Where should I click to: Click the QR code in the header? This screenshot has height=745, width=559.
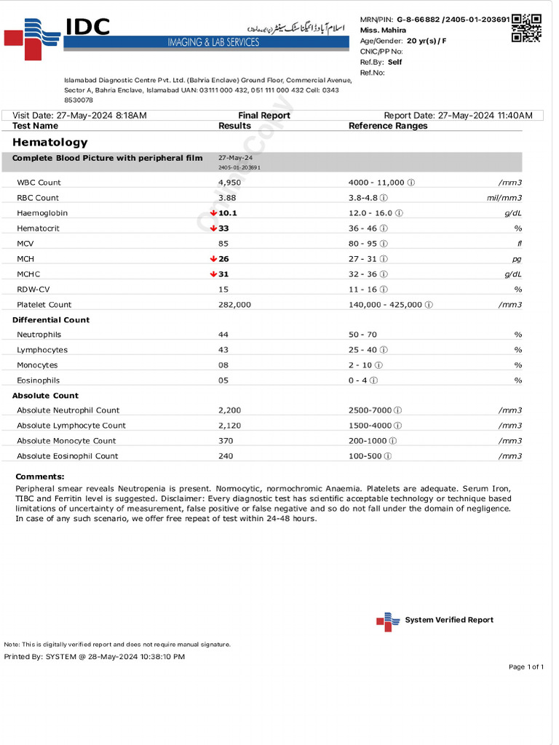[526, 28]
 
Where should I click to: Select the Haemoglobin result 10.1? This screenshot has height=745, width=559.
[229, 213]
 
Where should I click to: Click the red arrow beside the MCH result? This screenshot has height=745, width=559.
[213, 259]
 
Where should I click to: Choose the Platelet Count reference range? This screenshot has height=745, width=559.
[386, 305]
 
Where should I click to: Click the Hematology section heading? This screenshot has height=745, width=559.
[49, 143]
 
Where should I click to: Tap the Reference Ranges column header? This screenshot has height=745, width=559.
[388, 126]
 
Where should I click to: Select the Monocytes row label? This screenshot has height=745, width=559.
[37, 365]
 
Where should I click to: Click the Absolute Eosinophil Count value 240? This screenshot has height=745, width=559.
[225, 456]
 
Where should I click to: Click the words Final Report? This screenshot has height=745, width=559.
[263, 116]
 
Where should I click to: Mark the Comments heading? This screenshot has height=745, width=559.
[40, 477]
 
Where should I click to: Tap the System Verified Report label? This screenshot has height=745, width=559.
[448, 620]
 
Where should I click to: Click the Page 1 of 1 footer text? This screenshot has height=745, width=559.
[526, 667]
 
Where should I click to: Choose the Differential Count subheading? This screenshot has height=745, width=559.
[51, 320]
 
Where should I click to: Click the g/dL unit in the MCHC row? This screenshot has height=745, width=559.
[513, 274]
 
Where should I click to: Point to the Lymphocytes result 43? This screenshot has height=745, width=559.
[223, 350]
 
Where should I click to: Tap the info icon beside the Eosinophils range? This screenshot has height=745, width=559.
[373, 381]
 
